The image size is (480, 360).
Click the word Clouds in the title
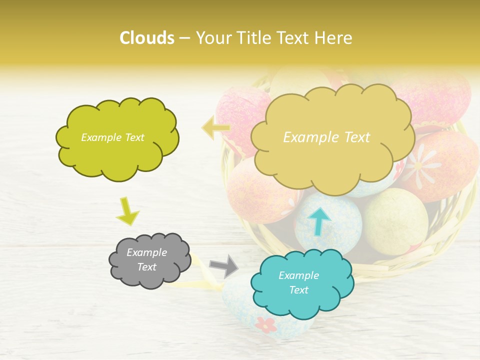click(146, 38)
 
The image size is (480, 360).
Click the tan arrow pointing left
click(215, 128)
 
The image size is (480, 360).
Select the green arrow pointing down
click(127, 211)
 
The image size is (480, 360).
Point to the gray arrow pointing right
click(224, 265)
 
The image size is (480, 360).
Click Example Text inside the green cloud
click(112, 137)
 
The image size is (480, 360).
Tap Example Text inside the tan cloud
click(326, 137)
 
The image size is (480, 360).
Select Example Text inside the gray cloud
click(147, 259)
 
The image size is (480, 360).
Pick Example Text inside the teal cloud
click(298, 282)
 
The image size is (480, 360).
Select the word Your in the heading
click(210, 38)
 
